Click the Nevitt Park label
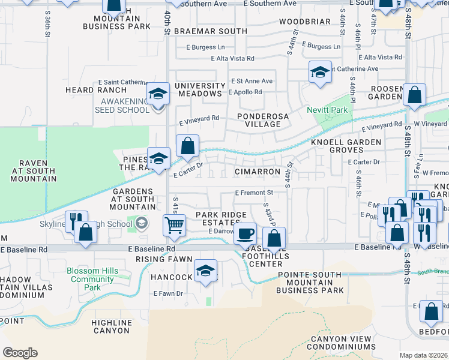pyautogui.click(x=327, y=110)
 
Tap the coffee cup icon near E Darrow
pyautogui.click(x=244, y=233)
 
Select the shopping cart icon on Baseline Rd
pyautogui.click(x=174, y=226)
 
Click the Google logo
pyautogui.click(x=20, y=352)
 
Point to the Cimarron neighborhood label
pyautogui.click(x=258, y=172)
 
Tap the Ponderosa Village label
pyautogui.click(x=259, y=120)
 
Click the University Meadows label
pyautogui.click(x=199, y=89)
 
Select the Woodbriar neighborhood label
pyautogui.click(x=305, y=22)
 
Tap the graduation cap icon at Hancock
pyautogui.click(x=205, y=270)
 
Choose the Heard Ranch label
pyautogui.click(x=88, y=90)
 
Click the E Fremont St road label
pyautogui.click(x=254, y=193)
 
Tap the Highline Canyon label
pyautogui.click(x=111, y=326)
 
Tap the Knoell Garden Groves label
pyautogui.click(x=346, y=146)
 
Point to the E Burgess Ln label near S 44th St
pyautogui.click(x=321, y=46)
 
